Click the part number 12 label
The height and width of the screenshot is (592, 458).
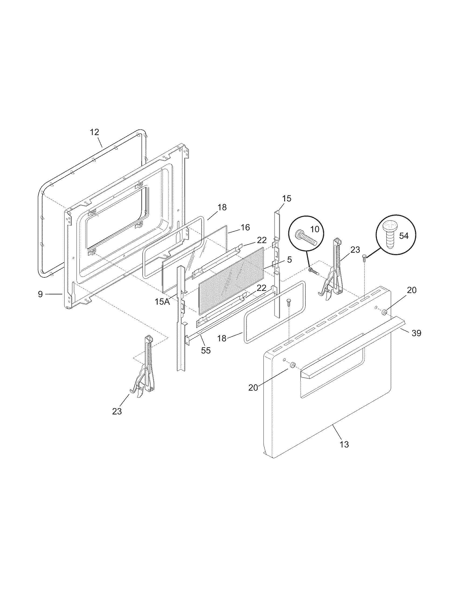pos(94,132)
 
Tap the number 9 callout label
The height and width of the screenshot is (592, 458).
pos(40,294)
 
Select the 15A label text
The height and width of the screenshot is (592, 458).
pos(162,302)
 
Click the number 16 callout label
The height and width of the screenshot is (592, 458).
pos(245,227)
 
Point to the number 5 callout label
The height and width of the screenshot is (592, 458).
pos(289,260)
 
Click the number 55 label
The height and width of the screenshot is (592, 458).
pos(206,350)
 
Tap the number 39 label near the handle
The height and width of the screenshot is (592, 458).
pos(417,333)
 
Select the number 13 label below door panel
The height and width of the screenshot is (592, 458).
pos(344,445)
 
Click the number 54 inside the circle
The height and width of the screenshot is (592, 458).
pos(404,236)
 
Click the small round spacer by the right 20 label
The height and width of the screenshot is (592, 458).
pos(384,312)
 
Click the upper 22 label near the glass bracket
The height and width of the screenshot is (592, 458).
pos(262,240)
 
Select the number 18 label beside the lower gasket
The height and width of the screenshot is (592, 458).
pos(222,338)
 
